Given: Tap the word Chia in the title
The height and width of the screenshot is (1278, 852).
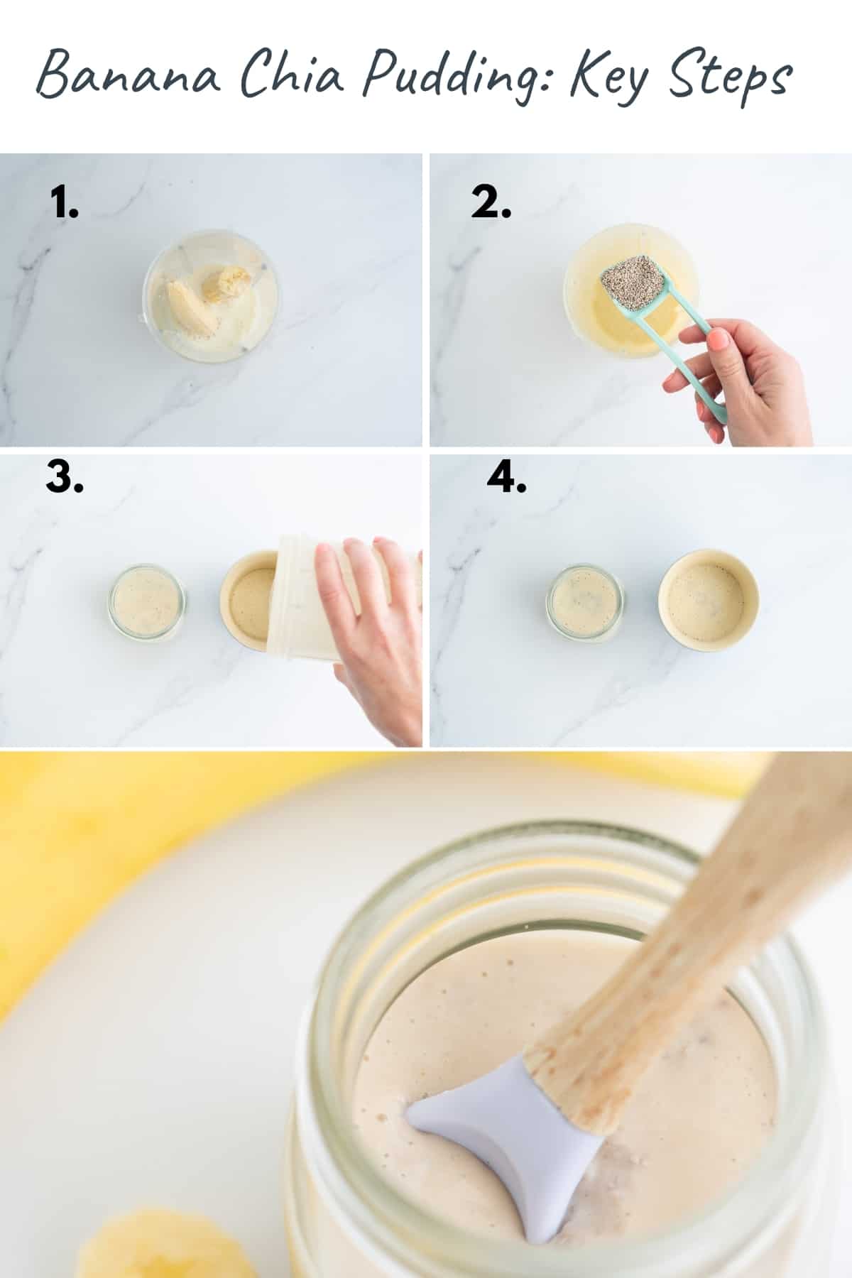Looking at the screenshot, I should point(291,75).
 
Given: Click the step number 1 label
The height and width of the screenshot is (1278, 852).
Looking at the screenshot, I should point(65,204).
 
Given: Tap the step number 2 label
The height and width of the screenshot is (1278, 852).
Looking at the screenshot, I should point(491,204).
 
